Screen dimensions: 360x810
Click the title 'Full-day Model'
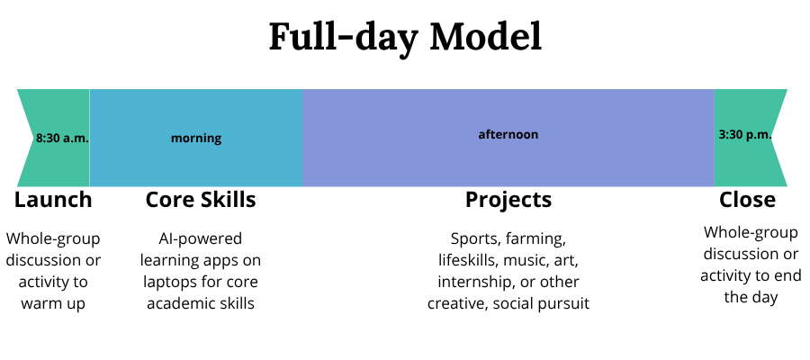pyautogui.click(x=405, y=37)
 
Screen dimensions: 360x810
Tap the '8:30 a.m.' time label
pyautogui.click(x=62, y=139)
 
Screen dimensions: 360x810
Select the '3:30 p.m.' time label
pyautogui.click(x=745, y=135)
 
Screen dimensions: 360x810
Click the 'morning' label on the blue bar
pyautogui.click(x=196, y=139)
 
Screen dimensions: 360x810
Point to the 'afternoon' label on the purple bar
pyautogui.click(x=508, y=135)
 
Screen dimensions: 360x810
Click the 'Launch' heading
pyautogui.click(x=53, y=199)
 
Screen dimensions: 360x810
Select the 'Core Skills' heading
pyautogui.click(x=201, y=199)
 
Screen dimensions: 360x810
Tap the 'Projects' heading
pyautogui.click(x=508, y=199)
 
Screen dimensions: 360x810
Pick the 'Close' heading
pyautogui.click(x=747, y=199)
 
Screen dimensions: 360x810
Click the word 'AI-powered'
pyautogui.click(x=201, y=239)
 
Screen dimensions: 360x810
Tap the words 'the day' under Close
pyautogui.click(x=750, y=296)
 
